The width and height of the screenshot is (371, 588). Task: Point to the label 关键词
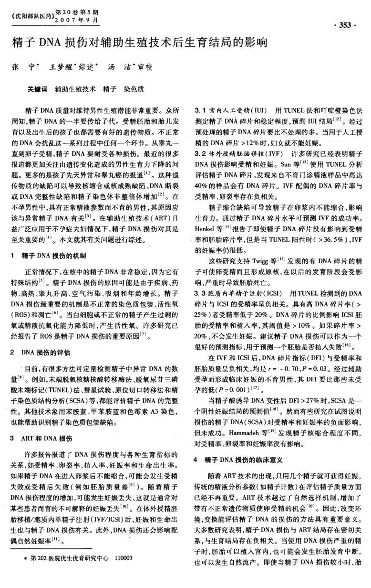(37, 89)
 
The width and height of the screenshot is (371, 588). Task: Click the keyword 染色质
(134, 89)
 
